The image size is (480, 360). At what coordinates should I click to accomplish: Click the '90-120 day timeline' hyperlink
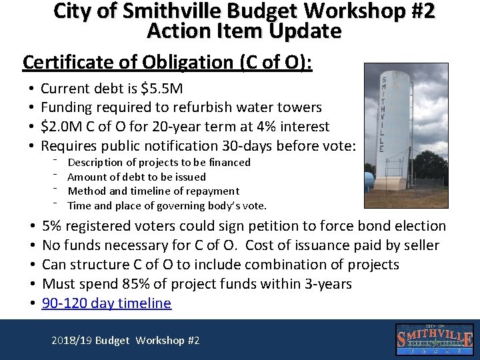[106, 303]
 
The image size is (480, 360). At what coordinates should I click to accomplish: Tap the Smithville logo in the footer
[435, 339]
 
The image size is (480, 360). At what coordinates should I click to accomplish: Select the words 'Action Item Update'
[244, 31]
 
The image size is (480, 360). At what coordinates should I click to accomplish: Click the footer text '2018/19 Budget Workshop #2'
[125, 340]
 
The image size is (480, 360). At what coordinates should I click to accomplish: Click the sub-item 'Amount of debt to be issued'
[137, 177]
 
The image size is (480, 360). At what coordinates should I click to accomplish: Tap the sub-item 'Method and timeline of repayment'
[153, 191]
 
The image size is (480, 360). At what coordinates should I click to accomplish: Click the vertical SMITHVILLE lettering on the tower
[383, 113]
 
